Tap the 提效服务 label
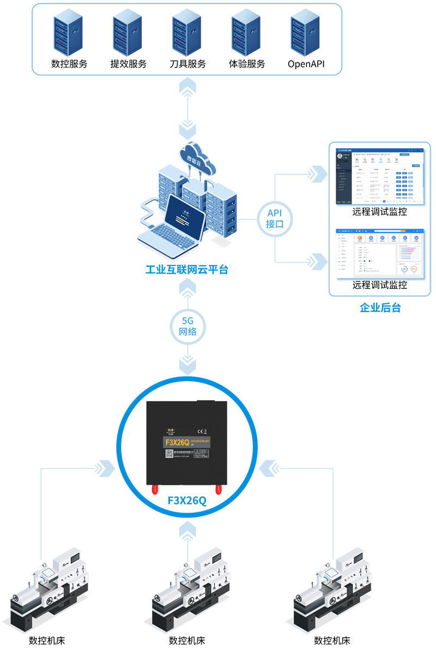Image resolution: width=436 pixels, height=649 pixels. coord(129,64)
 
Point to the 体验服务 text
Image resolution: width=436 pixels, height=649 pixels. coord(247,64)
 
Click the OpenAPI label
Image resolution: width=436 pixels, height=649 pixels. coord(306,64)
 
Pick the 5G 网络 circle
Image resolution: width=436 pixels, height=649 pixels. coord(187,326)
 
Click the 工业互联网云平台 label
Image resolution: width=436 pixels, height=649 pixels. coord(187,269)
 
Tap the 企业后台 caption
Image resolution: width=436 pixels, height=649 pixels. coord(380,308)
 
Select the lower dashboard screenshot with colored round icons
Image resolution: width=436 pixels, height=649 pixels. coord(379,254)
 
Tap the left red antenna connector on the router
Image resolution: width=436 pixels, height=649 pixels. coord(155,489)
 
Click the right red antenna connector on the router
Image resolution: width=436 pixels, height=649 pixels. coord(219,489)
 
